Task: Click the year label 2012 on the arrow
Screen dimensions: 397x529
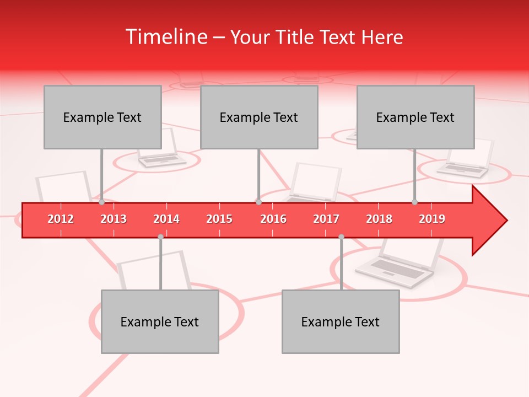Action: pos(61,219)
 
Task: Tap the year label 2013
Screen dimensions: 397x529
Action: pos(114,219)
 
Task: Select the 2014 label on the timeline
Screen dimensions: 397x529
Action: pos(166,219)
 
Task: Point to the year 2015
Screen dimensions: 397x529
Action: pos(219,219)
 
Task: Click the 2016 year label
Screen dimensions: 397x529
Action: pos(273,219)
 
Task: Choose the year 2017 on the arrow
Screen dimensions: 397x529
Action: pos(326,219)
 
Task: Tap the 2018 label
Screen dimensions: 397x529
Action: pos(379,219)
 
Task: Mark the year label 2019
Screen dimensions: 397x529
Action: pos(432,219)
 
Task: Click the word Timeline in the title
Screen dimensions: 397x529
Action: pos(165,37)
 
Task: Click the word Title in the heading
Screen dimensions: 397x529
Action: pos(296,37)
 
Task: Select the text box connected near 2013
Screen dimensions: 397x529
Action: pos(102,117)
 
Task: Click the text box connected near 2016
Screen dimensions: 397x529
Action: pos(259,117)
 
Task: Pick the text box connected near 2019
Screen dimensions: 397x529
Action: pos(415,117)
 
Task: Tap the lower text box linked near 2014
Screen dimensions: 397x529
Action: pos(160,321)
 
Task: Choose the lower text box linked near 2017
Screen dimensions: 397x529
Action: pos(341,321)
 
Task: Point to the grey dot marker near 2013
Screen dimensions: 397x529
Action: pos(101,202)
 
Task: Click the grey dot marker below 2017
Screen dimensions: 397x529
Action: pos(341,237)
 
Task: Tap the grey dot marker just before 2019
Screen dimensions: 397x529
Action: pos(414,202)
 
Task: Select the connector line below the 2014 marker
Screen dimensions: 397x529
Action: pos(160,265)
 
